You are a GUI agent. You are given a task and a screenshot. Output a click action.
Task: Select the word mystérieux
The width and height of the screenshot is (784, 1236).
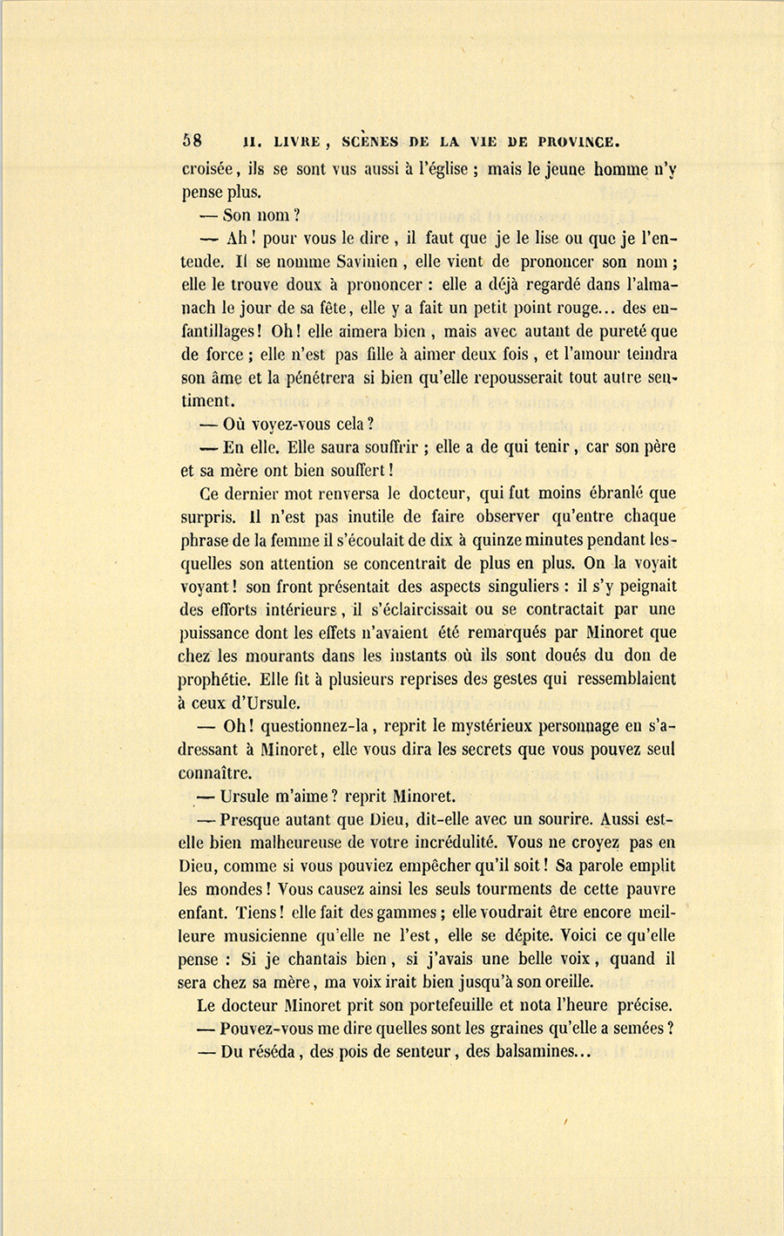516,725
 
